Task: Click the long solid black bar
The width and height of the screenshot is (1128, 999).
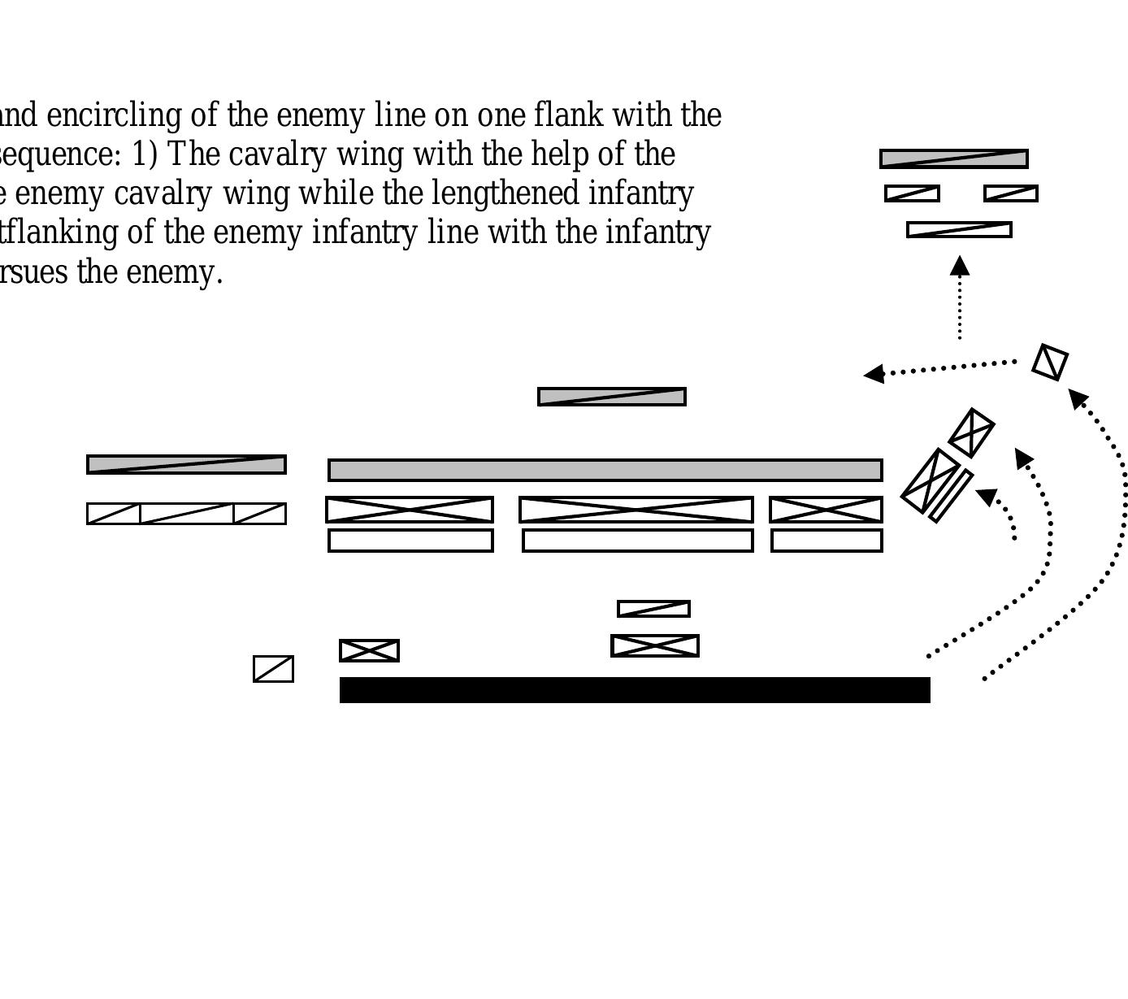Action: coord(634,689)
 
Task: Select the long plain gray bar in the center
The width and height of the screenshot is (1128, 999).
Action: coord(605,470)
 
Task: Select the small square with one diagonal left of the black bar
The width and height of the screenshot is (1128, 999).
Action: coord(273,668)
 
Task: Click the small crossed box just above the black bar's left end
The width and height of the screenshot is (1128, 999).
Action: coord(369,650)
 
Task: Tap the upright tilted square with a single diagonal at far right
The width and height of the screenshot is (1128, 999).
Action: coord(1050,362)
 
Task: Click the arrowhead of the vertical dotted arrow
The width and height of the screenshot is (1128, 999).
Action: coord(960,265)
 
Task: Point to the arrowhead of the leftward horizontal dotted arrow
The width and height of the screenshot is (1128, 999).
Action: coord(874,374)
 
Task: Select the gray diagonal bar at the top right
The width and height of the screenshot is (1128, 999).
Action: coord(953,159)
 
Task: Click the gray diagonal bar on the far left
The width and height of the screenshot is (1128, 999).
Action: coord(186,464)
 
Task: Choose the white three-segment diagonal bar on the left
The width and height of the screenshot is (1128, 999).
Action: coord(186,513)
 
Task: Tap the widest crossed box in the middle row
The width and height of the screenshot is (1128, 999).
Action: coord(636,510)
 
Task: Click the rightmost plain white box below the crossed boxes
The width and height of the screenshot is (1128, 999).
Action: coord(826,541)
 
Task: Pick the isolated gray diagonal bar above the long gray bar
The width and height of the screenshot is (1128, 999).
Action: coord(611,397)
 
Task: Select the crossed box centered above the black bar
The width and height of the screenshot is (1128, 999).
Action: coord(654,645)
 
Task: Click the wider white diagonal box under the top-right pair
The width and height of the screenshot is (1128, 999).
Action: coord(959,230)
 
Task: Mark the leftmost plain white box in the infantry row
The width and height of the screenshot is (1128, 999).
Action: coord(410,541)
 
